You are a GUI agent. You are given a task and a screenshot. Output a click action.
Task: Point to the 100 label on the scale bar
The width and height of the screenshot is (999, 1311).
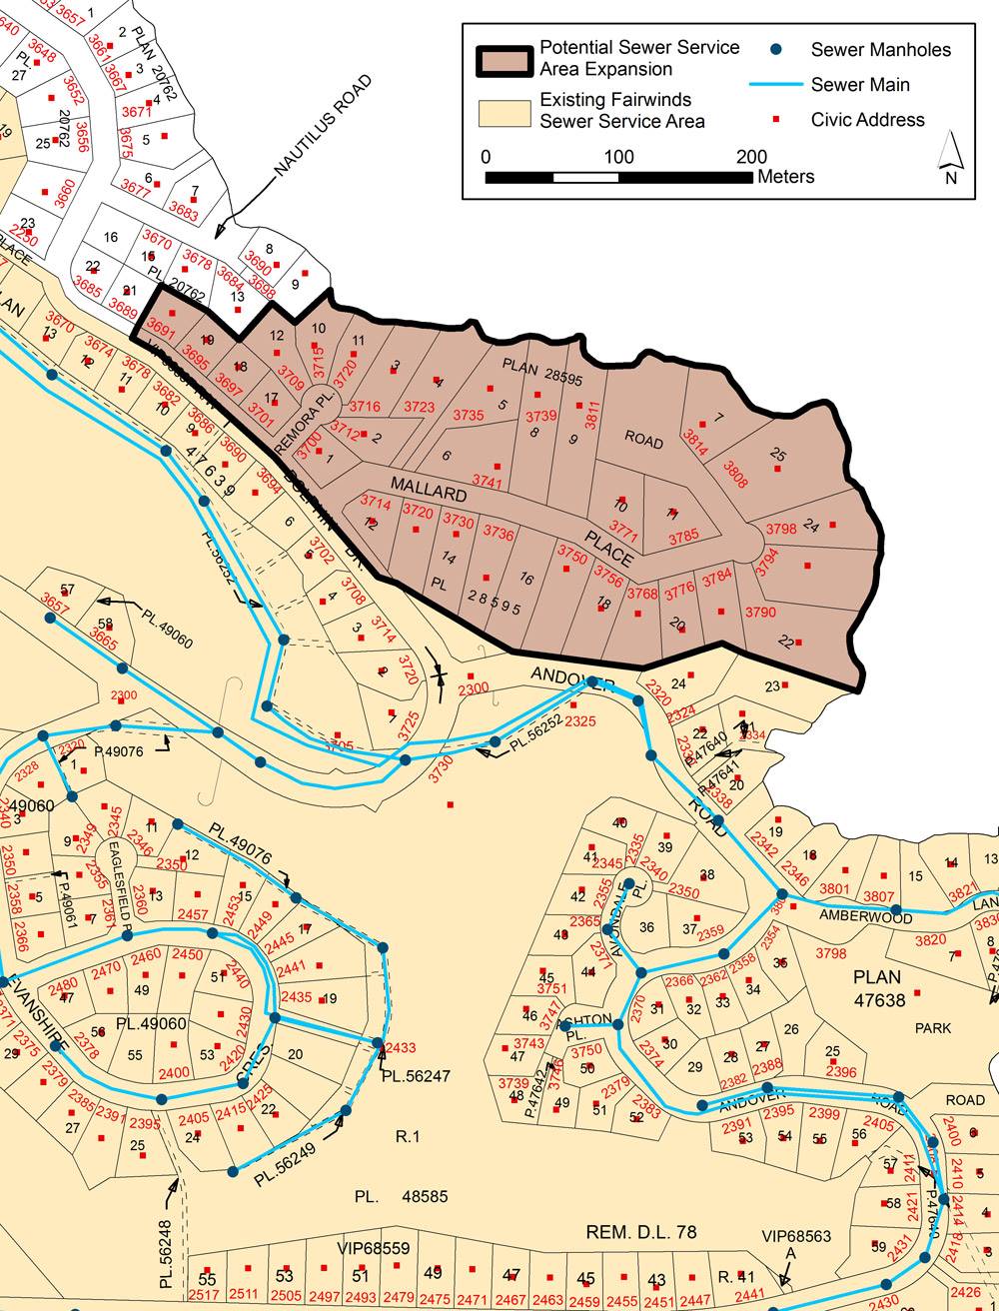[618, 157]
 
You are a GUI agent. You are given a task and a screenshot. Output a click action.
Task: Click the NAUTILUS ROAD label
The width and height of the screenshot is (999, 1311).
[322, 128]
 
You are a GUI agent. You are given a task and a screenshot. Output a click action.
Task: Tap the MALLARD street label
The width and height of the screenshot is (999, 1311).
[429, 489]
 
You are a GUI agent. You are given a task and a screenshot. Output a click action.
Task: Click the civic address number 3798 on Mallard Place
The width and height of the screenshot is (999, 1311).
[781, 529]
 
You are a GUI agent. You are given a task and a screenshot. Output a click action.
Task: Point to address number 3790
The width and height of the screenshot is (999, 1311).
[760, 613]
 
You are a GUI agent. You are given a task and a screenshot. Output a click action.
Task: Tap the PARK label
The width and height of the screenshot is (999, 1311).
[933, 1027]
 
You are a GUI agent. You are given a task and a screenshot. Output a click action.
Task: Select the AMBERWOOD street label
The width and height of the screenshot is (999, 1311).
[866, 915]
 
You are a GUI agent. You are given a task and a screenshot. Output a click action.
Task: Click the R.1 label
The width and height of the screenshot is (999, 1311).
[408, 1136]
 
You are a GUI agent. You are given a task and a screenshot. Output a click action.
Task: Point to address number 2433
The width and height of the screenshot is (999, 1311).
[401, 1047]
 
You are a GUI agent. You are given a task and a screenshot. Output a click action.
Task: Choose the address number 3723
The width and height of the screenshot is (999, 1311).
[419, 407]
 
